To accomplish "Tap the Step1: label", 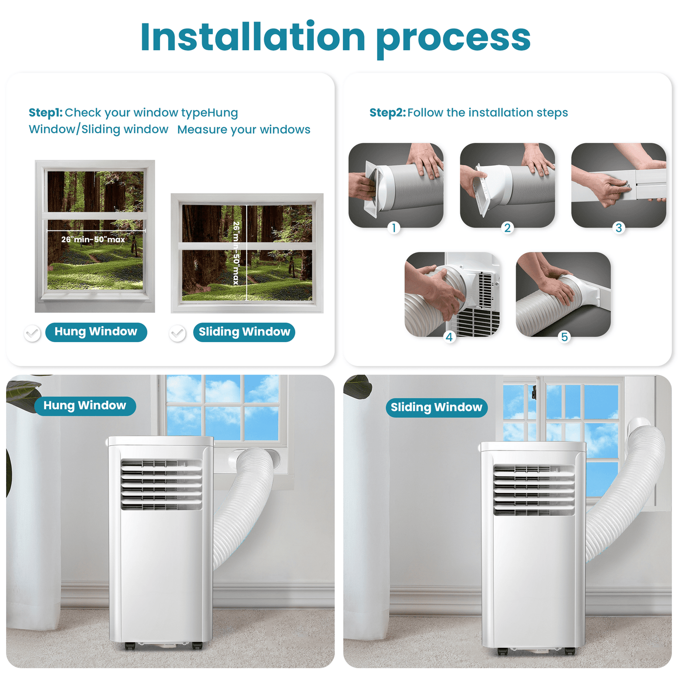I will [46, 113].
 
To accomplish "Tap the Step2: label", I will [387, 113].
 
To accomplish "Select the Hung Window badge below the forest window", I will [96, 332].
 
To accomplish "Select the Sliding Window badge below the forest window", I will [244, 332].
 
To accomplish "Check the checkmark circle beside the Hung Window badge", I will [32, 333].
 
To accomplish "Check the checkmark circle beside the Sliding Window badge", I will [177, 333].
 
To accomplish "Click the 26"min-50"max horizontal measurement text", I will [93, 239].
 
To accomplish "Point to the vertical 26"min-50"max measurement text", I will [236, 253].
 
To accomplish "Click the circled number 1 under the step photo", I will [394, 228].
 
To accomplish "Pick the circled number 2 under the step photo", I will [507, 228].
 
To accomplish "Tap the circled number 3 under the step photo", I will [619, 228].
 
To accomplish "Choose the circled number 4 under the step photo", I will [449, 337].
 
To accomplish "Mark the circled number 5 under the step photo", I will [564, 337].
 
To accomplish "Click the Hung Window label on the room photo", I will [85, 406].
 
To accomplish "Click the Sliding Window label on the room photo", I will [436, 407].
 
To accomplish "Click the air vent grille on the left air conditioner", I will [161, 484].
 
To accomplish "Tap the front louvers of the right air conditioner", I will [533, 490].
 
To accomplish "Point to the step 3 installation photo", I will [618, 185].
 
